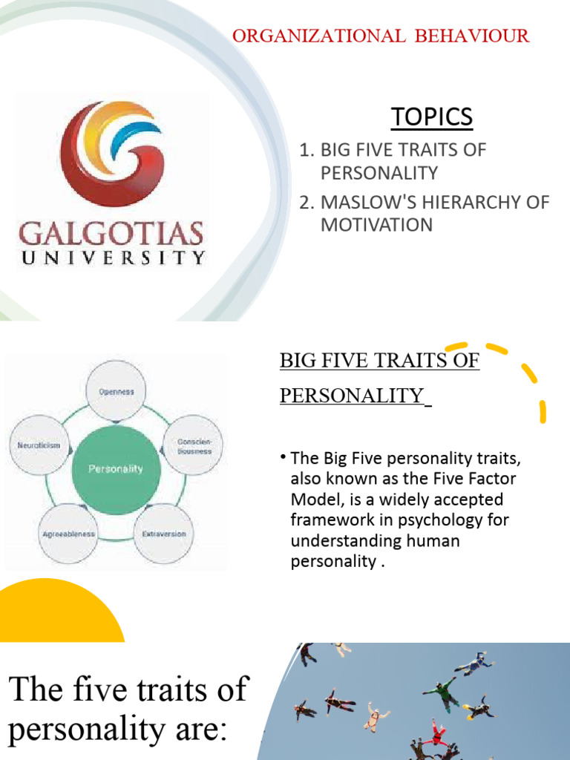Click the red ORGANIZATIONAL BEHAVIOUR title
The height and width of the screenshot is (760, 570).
(x=381, y=36)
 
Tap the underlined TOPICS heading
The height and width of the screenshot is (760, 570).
(x=431, y=117)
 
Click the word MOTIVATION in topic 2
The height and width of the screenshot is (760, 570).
(x=376, y=225)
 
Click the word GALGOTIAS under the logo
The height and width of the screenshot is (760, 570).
(x=111, y=233)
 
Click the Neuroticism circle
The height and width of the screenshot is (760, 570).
(x=39, y=445)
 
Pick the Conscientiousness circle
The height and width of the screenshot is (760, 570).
(x=193, y=445)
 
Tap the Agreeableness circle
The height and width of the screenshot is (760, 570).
(x=68, y=534)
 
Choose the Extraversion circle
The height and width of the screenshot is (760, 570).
(x=164, y=534)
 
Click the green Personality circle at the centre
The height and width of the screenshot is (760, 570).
(x=116, y=468)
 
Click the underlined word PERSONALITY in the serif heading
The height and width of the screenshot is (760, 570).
(x=351, y=395)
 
